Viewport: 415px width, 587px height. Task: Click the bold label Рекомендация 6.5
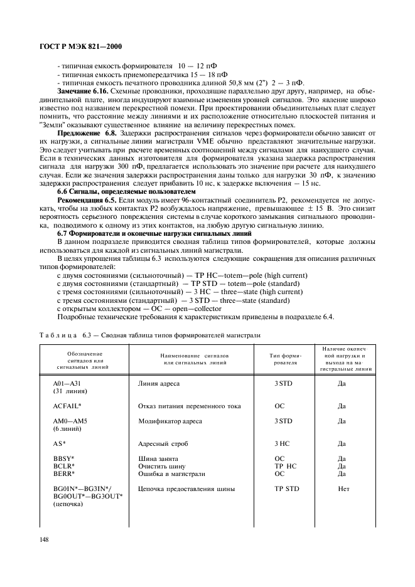pyautogui.click(x=89, y=199)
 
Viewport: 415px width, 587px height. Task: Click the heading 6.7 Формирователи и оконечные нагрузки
pyautogui.click(x=154, y=233)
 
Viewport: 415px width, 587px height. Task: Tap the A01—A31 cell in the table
pyautogui.click(x=68, y=383)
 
